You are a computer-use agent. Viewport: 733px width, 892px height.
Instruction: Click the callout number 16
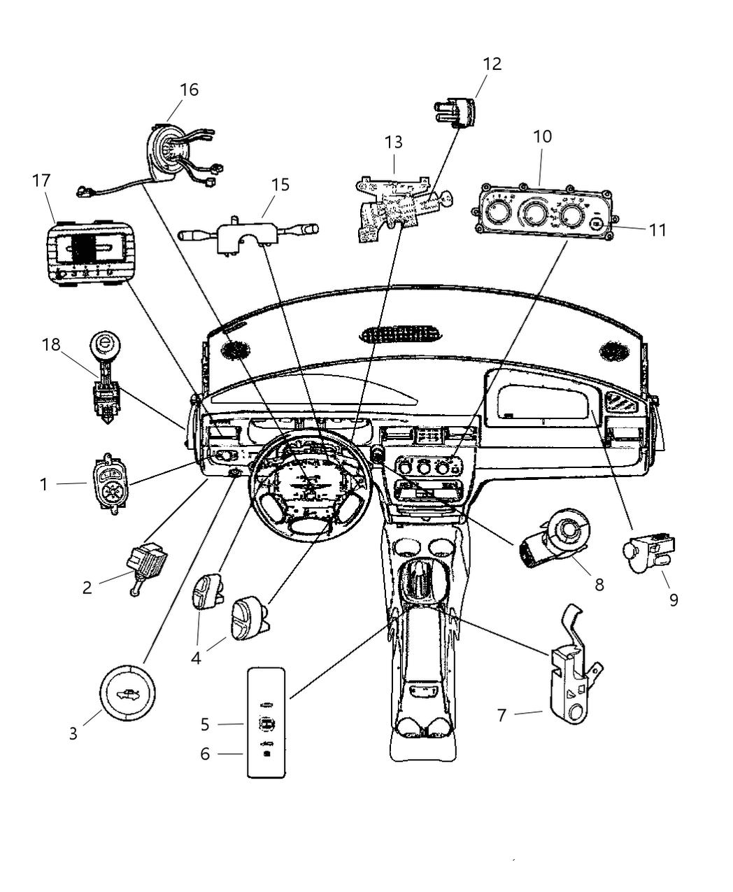coord(189,90)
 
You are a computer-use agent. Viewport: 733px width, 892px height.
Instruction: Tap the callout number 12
coord(492,64)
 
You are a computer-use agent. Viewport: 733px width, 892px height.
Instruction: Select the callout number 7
coord(501,715)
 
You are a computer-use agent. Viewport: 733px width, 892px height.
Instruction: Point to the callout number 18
coord(51,344)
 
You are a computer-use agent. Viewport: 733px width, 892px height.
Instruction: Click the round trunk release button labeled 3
coord(127,693)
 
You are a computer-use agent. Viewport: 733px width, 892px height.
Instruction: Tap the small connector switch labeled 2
coord(145,564)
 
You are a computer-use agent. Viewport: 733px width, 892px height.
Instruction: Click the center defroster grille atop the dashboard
coord(401,334)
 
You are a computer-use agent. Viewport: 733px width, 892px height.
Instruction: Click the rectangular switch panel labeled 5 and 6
coord(266,722)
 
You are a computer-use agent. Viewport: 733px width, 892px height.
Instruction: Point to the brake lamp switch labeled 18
coord(105,381)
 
